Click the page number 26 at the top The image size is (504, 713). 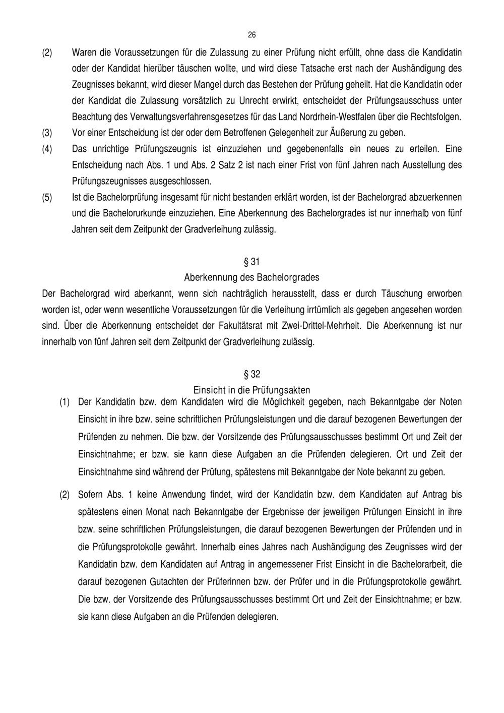click(252, 35)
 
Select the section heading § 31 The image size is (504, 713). click(251, 262)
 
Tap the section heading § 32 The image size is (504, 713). click(251, 375)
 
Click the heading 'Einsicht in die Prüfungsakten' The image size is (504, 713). click(251, 390)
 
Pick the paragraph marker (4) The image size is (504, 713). click(46, 149)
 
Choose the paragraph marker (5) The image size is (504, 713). click(46, 197)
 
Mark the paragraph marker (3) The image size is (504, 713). click(46, 134)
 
